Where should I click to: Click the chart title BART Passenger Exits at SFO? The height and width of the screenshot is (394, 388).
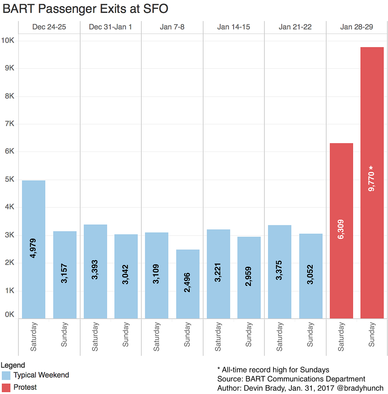tap(85, 9)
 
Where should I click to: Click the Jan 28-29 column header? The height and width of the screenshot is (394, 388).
tap(356, 27)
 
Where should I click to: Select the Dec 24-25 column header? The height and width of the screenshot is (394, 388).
tap(49, 27)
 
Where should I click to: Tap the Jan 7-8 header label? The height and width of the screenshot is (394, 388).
tap(172, 27)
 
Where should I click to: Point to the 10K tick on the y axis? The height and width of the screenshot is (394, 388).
tap(8, 40)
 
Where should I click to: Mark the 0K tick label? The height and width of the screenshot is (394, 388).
tap(9, 314)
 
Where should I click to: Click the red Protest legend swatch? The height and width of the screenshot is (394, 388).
tap(6, 388)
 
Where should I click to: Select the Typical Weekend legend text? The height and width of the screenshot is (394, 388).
tap(41, 375)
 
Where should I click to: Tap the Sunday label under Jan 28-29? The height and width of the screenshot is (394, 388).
tap(372, 334)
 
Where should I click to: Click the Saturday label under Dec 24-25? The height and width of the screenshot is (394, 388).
tap(33, 336)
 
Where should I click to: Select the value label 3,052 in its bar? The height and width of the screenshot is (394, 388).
tap(310, 275)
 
